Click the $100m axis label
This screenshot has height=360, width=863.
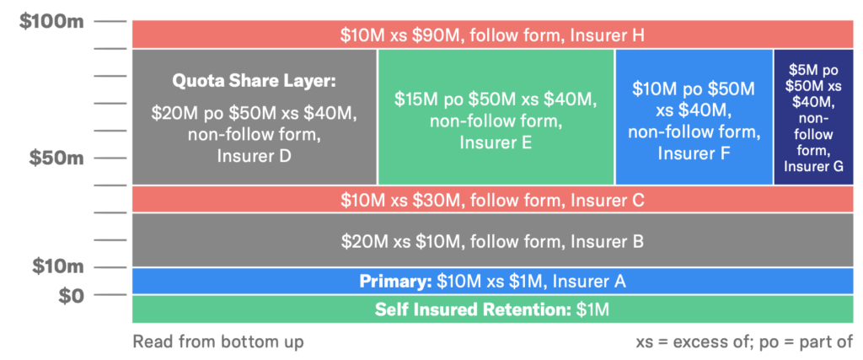click(51, 21)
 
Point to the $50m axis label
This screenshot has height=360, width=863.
click(56, 158)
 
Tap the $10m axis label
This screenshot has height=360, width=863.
click(58, 266)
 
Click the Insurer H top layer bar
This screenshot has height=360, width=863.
click(492, 35)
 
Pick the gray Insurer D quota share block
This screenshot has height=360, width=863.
click(254, 116)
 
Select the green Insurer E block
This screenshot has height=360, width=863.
click(496, 116)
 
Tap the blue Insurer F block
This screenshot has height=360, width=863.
click(694, 116)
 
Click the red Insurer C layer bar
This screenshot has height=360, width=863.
click(492, 199)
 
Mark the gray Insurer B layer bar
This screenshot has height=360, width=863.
click(492, 240)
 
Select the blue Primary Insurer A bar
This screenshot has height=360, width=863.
click(492, 281)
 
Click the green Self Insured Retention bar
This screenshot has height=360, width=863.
click(492, 309)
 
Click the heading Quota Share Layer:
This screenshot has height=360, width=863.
click(254, 82)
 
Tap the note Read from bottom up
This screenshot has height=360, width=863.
click(217, 341)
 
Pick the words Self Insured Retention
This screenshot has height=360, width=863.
click(472, 309)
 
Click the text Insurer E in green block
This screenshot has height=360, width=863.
click(496, 142)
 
